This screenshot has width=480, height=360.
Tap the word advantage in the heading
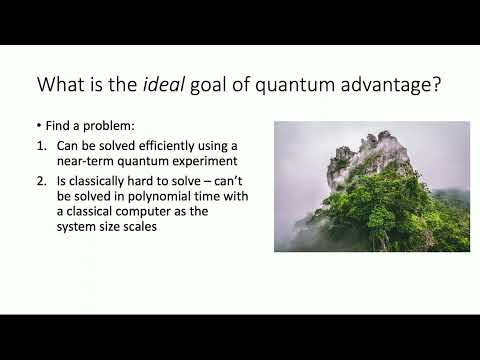point(385,85)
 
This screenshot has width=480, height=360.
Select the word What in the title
point(62,85)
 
